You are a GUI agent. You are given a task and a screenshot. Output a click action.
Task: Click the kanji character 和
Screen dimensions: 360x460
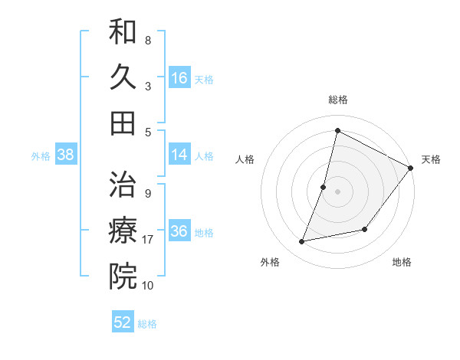[x=123, y=31]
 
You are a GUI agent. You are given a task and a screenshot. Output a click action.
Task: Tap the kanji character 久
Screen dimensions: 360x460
[x=123, y=77]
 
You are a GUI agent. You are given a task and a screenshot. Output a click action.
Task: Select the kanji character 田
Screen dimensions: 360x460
[x=123, y=123]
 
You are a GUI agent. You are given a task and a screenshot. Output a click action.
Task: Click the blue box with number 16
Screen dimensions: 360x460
[x=179, y=77]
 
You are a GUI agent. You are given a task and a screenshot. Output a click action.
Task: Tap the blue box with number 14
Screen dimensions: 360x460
[x=179, y=155]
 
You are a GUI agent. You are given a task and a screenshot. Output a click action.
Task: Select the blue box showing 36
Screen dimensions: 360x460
[x=179, y=232]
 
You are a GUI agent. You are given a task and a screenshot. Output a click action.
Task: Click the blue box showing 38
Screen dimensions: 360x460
[x=66, y=155]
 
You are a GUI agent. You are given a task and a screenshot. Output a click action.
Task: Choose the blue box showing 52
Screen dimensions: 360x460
[x=123, y=322]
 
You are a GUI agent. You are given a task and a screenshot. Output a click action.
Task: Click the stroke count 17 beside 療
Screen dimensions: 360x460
[x=149, y=240]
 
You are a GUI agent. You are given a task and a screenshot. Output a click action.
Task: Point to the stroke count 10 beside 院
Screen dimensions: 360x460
[x=149, y=285]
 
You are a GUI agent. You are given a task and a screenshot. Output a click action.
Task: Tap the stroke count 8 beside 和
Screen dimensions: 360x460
[x=147, y=40]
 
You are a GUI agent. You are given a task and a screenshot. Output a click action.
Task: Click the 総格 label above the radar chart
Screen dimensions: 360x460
[x=337, y=100]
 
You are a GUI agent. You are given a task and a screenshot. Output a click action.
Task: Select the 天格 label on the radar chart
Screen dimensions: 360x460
[x=431, y=159]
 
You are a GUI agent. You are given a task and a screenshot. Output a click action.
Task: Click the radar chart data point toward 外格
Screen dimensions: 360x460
[x=302, y=242]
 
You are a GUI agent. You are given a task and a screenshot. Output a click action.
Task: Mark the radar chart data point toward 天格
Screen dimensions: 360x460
[x=410, y=168]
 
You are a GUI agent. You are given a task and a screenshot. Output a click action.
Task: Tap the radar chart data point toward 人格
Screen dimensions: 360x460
[x=324, y=187]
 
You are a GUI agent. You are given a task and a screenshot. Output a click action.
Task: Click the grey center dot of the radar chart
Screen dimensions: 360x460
[x=337, y=191]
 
